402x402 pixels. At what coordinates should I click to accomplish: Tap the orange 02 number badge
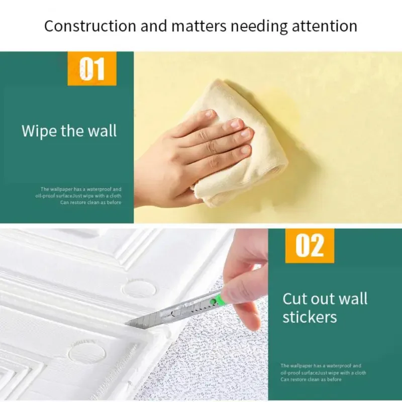pyautogui.click(x=309, y=246)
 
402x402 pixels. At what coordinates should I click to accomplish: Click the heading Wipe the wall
pyautogui.click(x=69, y=131)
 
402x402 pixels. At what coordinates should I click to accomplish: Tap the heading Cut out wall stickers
pyautogui.click(x=325, y=308)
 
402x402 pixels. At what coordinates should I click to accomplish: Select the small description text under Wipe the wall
pyautogui.click(x=80, y=195)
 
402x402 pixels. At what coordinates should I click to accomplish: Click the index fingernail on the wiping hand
pyautogui.click(x=210, y=114)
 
